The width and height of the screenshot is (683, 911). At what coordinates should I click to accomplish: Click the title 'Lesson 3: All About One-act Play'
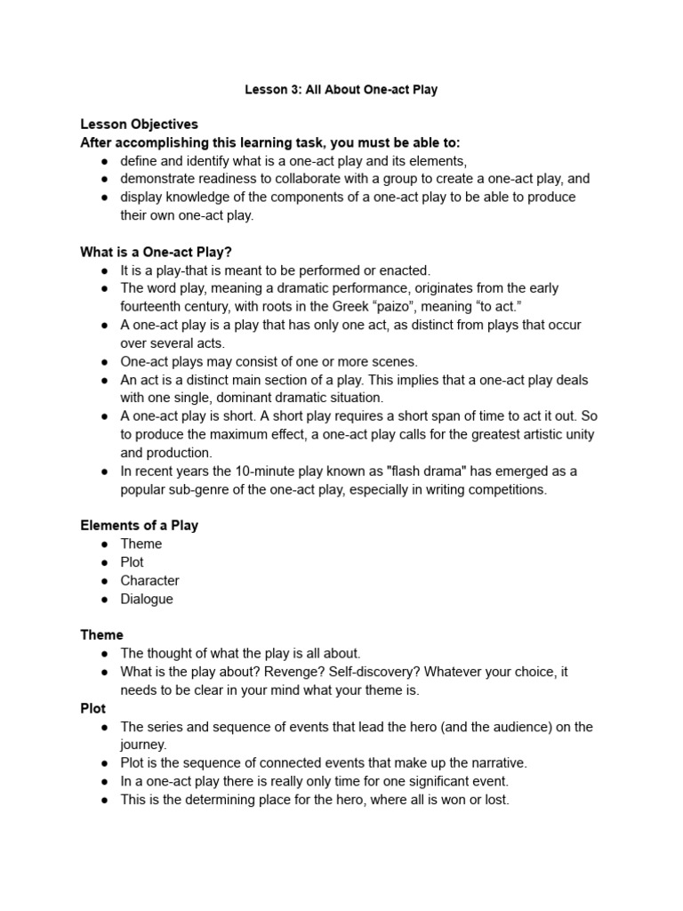click(341, 90)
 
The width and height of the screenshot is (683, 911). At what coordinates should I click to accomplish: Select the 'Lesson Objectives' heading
click(139, 124)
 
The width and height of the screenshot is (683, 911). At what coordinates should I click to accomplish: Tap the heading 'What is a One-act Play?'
click(156, 252)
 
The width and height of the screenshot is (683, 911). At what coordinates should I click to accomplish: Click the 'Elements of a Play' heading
click(139, 525)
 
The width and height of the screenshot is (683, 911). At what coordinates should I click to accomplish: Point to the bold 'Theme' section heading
click(101, 634)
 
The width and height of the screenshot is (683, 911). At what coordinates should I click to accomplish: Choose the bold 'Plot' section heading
click(92, 708)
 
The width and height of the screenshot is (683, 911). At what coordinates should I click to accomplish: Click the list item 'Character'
click(149, 580)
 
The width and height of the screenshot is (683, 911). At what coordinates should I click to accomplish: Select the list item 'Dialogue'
click(147, 599)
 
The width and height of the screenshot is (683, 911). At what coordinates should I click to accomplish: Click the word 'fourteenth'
click(154, 307)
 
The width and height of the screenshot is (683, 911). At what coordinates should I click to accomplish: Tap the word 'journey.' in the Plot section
click(143, 745)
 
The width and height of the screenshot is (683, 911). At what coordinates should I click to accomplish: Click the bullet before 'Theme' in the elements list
click(104, 544)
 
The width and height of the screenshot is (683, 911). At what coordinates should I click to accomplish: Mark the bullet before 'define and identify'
click(104, 160)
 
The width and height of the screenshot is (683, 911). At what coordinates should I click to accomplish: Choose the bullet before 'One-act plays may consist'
click(104, 361)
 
